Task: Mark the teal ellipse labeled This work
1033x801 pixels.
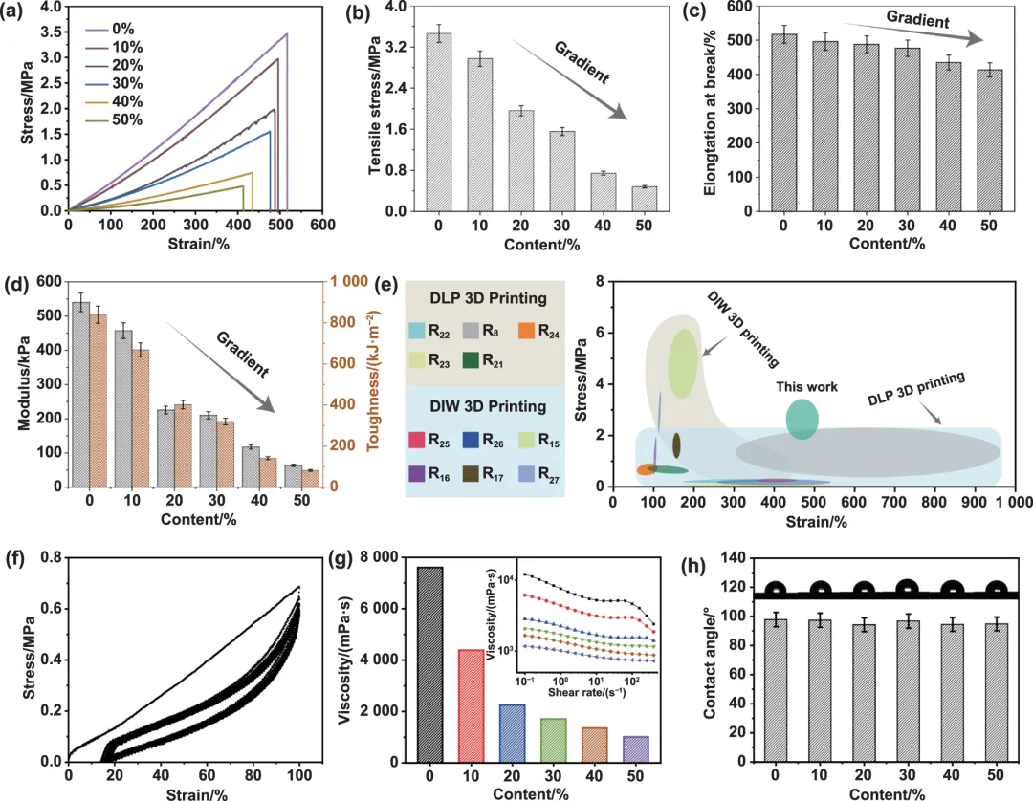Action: (802, 420)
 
